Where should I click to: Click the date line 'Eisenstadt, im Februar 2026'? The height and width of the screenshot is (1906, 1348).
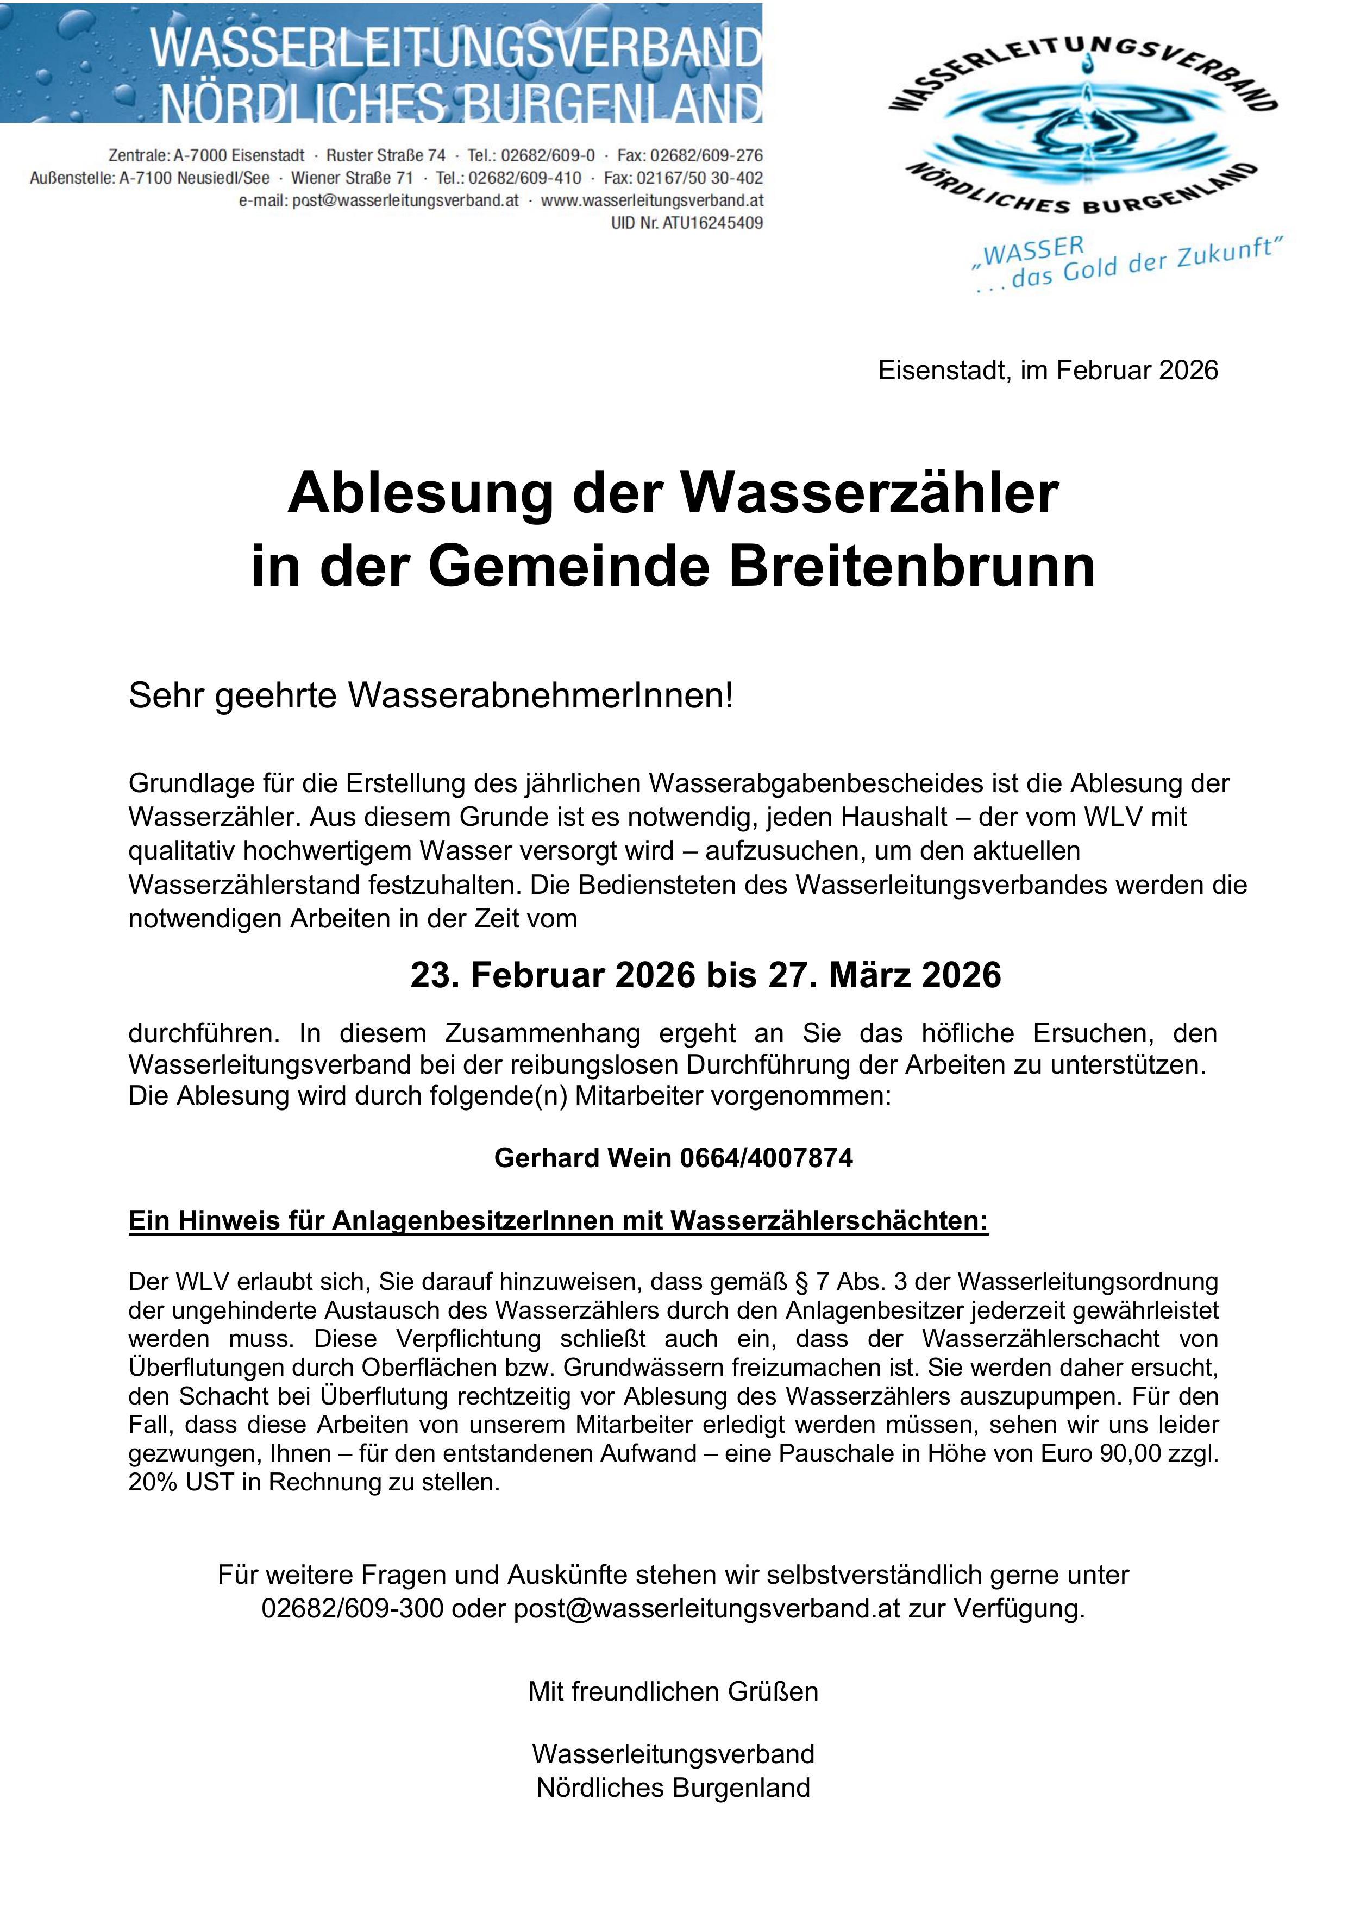[1048, 370]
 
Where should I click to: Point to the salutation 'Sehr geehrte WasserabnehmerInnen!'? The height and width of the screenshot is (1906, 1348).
[431, 697]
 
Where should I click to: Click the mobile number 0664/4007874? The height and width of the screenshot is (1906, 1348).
[766, 1157]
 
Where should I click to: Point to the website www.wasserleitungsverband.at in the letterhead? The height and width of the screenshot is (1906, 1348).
[651, 201]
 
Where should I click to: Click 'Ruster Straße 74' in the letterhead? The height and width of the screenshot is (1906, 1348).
[385, 156]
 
